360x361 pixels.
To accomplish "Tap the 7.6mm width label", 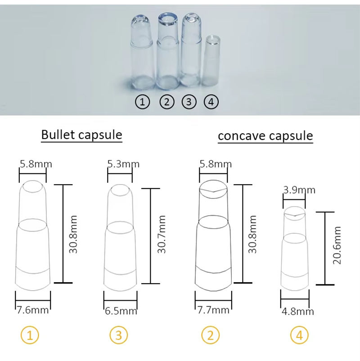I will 32,310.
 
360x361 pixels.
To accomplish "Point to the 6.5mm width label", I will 120,311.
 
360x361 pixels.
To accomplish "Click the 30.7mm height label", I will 162,234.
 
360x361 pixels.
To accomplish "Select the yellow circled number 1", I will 30,335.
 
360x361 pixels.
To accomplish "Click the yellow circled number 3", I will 119,335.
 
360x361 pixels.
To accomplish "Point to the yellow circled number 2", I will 211,335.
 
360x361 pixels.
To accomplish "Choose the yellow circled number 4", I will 299,335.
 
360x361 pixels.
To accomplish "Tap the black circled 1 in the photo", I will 143,102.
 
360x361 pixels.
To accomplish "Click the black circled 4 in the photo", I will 211,102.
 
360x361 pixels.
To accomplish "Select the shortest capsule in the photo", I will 212,61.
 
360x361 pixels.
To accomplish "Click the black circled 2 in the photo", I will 166,102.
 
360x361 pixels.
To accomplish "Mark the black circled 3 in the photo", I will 189,102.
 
